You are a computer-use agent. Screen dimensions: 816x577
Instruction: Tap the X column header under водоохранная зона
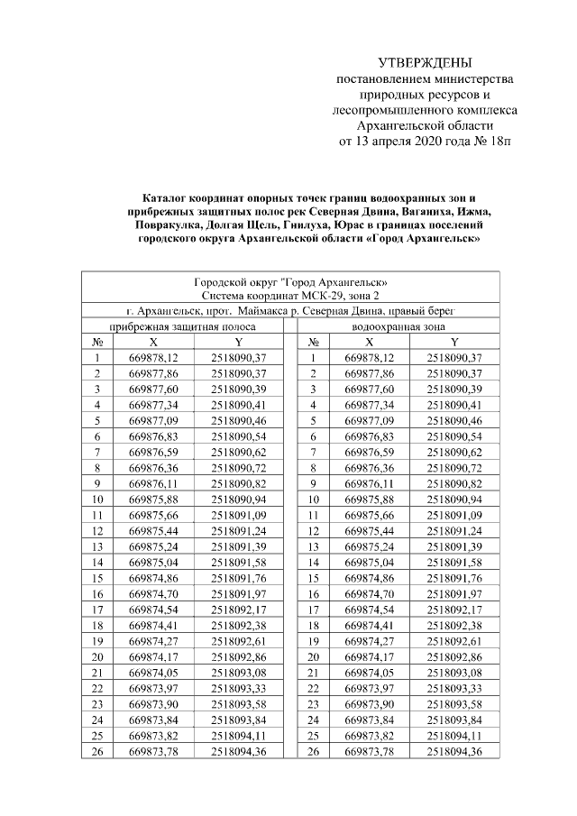coord(369,343)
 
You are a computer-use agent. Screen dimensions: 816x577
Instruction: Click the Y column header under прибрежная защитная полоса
coord(239,343)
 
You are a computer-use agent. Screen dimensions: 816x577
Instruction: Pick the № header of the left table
coord(96,343)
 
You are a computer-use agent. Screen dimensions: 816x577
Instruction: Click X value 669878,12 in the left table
coord(153,359)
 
